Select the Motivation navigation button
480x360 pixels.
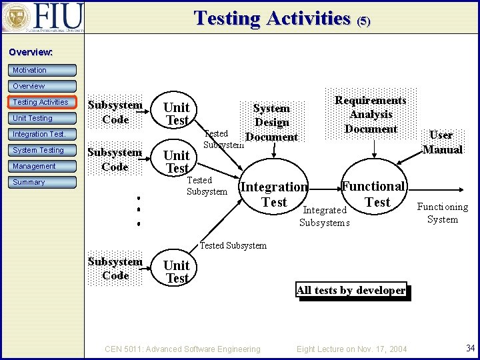[43, 70]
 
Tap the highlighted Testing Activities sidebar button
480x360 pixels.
[43, 102]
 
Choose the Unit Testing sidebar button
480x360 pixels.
[43, 118]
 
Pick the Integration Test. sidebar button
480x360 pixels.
[43, 134]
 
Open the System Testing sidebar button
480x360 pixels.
[43, 150]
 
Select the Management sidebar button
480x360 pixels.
[43, 166]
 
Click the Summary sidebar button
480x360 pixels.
[43, 182]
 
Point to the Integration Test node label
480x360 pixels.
[274, 194]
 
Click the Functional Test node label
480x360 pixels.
[373, 194]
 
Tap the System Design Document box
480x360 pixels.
[271, 122]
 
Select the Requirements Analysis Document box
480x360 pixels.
[371, 114]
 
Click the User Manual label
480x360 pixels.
[442, 142]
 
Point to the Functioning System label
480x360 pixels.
[442, 213]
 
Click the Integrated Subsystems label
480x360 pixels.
[325, 216]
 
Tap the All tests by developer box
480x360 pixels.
[351, 290]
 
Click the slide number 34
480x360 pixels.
[470, 347]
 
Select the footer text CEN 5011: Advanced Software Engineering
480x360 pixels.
[183, 349]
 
